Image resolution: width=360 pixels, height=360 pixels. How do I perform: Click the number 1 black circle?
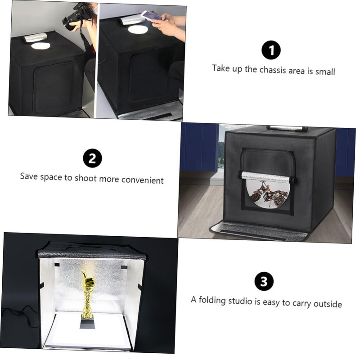(271, 50)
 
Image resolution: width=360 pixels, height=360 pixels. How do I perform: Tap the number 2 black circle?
(92, 158)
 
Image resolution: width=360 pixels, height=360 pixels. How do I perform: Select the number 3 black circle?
(264, 282)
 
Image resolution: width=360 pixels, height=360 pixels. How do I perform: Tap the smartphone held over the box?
(152, 16)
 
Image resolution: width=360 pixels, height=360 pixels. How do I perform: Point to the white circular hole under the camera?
(40, 45)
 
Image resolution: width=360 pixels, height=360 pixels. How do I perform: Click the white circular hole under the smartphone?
(137, 30)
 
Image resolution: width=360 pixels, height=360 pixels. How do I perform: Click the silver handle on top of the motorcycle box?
(287, 128)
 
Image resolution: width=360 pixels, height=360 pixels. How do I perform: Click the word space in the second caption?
(50, 176)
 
